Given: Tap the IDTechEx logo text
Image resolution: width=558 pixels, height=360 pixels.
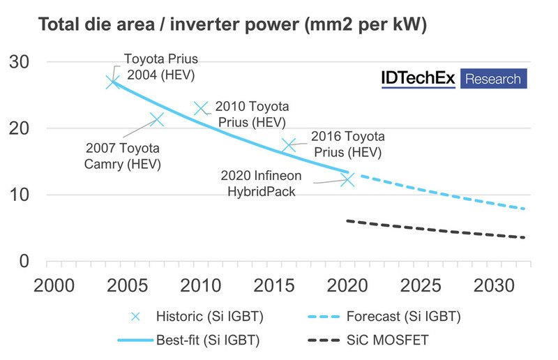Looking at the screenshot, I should pyautogui.click(x=418, y=78).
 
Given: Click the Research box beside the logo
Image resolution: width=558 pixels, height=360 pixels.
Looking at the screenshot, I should pyautogui.click(x=493, y=78).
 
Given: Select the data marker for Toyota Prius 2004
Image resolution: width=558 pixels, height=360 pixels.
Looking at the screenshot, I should pyautogui.click(x=113, y=82).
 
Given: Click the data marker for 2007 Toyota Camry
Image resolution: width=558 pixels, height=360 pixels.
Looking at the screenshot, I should pyautogui.click(x=156, y=119).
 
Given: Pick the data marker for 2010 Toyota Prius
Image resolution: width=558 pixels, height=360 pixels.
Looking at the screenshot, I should pyautogui.click(x=201, y=108).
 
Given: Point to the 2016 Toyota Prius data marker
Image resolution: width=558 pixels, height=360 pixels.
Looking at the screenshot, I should pyautogui.click(x=289, y=145).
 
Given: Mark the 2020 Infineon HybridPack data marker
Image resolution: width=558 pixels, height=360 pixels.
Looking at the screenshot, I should pyautogui.click(x=347, y=179).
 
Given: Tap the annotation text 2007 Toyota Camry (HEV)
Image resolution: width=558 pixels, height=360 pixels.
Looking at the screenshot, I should pyautogui.click(x=123, y=156).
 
